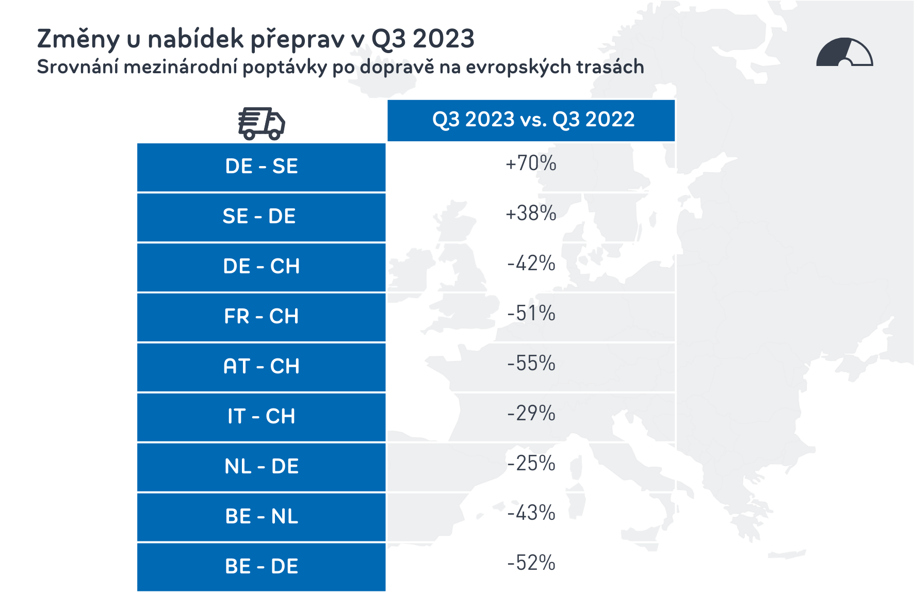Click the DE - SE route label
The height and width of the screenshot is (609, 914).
262,167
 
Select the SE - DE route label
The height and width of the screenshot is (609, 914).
259,217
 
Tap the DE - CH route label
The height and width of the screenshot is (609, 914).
261,267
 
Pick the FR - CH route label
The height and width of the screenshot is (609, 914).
261,317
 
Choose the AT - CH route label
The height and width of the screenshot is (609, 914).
261,367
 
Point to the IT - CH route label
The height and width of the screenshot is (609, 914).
261,417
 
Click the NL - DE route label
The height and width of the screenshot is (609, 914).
261,467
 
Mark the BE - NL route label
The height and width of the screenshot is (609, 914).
262,517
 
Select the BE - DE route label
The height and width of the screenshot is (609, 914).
262,567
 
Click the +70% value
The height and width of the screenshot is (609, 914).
531,163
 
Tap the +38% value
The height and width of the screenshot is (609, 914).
531,213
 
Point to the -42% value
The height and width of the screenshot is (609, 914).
531,264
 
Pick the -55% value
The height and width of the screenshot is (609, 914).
531,364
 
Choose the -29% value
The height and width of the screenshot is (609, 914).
531,414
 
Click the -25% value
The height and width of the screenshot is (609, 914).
531,464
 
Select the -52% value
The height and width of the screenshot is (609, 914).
531,563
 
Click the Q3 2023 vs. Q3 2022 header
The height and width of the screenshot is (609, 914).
533,120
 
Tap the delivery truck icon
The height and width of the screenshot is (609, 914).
262,124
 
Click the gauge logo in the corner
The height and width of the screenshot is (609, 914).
844,53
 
